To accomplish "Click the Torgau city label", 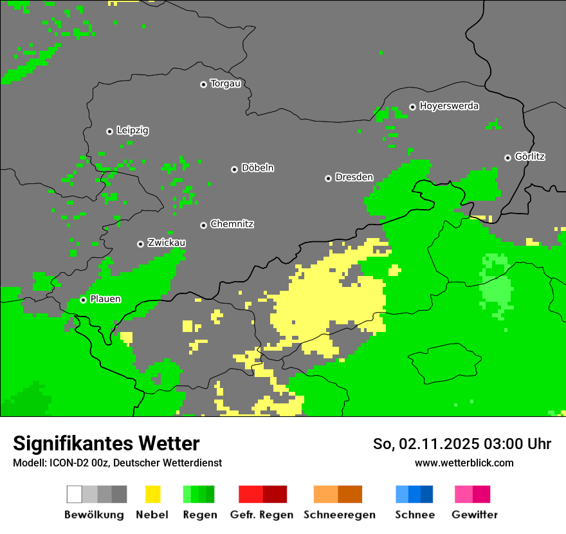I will (225, 84).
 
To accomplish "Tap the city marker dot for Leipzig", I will (109, 131).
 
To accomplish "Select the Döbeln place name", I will (257, 168).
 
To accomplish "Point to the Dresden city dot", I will (328, 178).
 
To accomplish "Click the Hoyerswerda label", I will (449, 106).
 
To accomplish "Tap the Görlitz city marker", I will (507, 158).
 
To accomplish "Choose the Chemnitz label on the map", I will (232, 224).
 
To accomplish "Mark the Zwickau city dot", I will (140, 244).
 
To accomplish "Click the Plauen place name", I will (105, 299).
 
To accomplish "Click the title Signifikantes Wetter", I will (106, 443).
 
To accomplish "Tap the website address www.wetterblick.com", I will (464, 463).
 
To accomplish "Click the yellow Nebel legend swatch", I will (152, 494).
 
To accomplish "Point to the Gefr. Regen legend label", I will (262, 515).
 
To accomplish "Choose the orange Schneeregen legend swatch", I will (338, 494).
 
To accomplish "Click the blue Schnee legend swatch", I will (414, 494).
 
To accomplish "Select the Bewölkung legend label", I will (94, 515).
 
